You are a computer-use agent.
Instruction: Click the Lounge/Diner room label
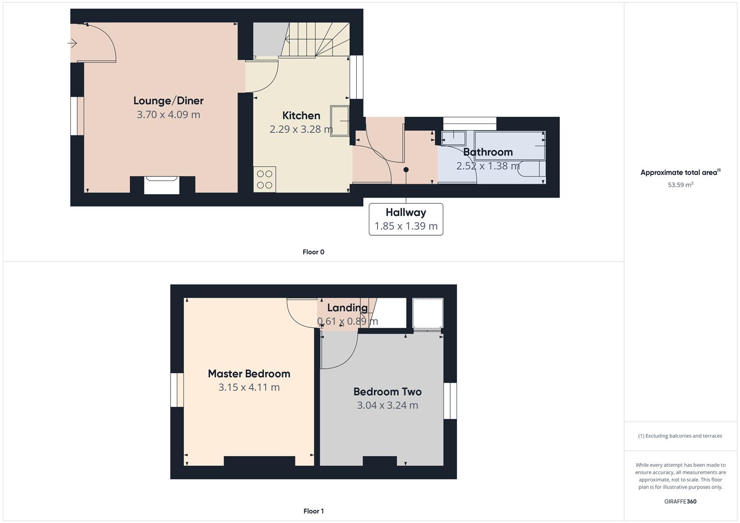coord(168,101)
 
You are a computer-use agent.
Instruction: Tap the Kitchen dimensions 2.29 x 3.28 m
coord(301,129)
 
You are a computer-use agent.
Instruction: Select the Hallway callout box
coord(406,219)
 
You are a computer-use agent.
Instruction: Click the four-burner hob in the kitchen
coord(265,179)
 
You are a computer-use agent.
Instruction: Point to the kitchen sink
coord(340,121)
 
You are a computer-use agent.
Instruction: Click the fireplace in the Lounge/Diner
coord(162,185)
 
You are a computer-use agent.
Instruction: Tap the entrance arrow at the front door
coord(72,44)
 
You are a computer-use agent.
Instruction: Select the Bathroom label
coord(488,152)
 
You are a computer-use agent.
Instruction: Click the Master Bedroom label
coord(249,374)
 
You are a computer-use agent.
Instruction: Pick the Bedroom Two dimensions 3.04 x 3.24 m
coord(387,405)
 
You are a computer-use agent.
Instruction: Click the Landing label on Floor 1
coord(347,308)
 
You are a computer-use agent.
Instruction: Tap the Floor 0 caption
coord(314,252)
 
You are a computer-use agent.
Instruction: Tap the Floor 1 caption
coord(314,511)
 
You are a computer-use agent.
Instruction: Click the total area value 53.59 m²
coord(680,185)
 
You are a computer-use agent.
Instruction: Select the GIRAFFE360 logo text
coord(680,502)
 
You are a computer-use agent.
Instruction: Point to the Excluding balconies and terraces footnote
coord(680,436)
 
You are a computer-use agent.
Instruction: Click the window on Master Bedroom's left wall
coord(177,390)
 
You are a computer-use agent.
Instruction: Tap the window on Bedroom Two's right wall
coord(450,400)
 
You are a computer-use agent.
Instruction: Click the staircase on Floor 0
coord(315,40)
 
